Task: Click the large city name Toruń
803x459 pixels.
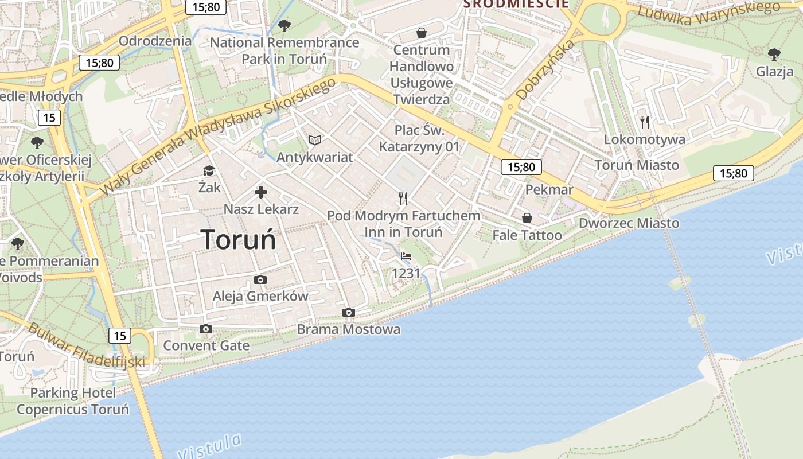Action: click(239, 239)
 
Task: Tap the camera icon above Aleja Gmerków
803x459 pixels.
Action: click(260, 279)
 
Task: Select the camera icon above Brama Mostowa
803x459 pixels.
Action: click(348, 312)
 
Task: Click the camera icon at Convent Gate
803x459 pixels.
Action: click(206, 329)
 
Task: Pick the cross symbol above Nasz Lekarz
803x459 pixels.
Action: click(261, 192)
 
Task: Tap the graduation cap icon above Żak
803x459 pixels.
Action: click(209, 170)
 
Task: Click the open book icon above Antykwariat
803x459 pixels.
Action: click(315, 140)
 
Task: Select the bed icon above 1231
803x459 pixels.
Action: click(406, 256)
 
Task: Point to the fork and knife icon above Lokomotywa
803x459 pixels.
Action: click(645, 122)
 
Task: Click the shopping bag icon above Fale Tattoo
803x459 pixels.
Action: click(527, 218)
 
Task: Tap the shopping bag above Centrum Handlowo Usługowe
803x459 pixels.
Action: click(422, 33)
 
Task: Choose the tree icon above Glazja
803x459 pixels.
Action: click(774, 55)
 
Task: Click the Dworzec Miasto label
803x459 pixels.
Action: click(629, 223)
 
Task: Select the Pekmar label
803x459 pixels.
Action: click(549, 190)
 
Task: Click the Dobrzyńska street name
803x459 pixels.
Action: click(545, 69)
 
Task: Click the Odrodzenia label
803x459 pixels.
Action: click(155, 41)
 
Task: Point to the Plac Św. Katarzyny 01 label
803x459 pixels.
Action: click(419, 138)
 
